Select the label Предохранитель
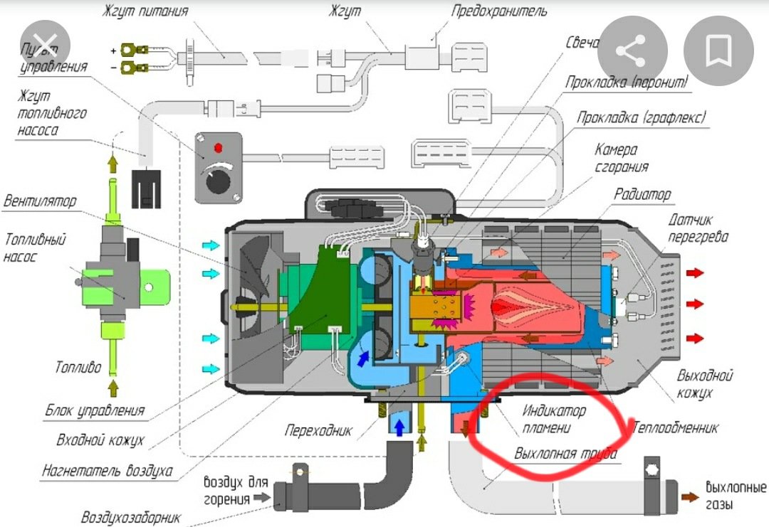click(499, 12)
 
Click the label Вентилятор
click(39, 202)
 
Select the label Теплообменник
click(674, 428)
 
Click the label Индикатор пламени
click(554, 420)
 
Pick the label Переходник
click(318, 431)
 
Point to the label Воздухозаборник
click(131, 517)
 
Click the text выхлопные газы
click(735, 496)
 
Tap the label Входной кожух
click(100, 440)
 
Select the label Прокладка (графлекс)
click(642, 117)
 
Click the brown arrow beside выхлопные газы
click(689, 497)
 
